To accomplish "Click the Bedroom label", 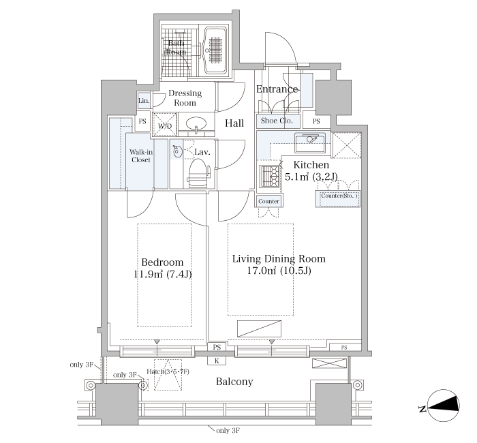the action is pos(162,262).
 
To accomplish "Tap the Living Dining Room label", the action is pos(279,259).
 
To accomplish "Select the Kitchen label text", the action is pos(311,165).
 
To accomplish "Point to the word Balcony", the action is pos(234,382).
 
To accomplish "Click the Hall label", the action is pos(234,123).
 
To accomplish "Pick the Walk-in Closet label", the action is pos(141,156).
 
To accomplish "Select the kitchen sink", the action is pos(312,142).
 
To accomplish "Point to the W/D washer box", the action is pos(165,124).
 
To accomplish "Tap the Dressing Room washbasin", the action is pos(196,125).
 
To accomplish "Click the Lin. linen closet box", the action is pos(144,100).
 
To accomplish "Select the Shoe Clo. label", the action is pos(277,121).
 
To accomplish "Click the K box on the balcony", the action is pos(217,361).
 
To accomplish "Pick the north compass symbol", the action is pos(443,406).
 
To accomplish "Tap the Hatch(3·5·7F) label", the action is pos(168,371).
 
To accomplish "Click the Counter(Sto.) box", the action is pos(338,199).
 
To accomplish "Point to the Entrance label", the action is pos(277,89).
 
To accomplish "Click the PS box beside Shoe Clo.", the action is pos(316,121).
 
